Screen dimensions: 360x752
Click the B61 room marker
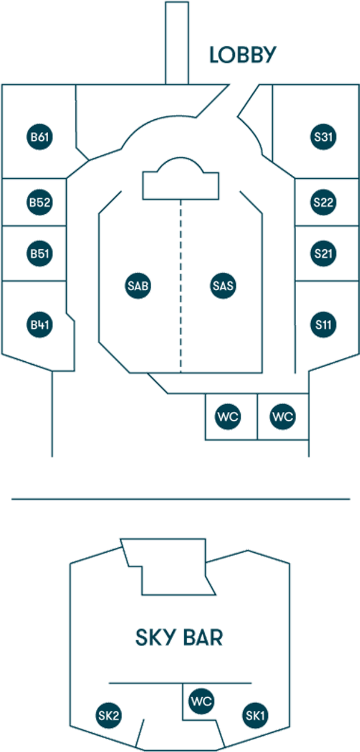[40, 137]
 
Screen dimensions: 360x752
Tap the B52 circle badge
[40, 202]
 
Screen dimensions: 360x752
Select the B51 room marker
[40, 253]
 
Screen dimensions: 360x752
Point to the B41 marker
[40, 325]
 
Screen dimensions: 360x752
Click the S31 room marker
[323, 137]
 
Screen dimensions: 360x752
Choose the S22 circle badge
[323, 202]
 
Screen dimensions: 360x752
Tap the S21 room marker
[323, 253]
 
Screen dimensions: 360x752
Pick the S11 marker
[323, 325]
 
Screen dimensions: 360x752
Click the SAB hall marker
[138, 286]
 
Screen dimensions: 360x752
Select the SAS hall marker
[223, 286]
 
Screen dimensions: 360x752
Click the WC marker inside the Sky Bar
[202, 701]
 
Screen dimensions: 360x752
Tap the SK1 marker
[255, 715]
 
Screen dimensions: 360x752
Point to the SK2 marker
[108, 715]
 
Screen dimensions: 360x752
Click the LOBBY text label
[243, 55]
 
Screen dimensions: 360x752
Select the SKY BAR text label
[179, 637]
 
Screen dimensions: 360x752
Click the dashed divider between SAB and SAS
[181, 286]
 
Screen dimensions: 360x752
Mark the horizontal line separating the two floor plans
[181, 499]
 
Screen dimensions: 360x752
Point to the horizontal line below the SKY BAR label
[181, 683]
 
